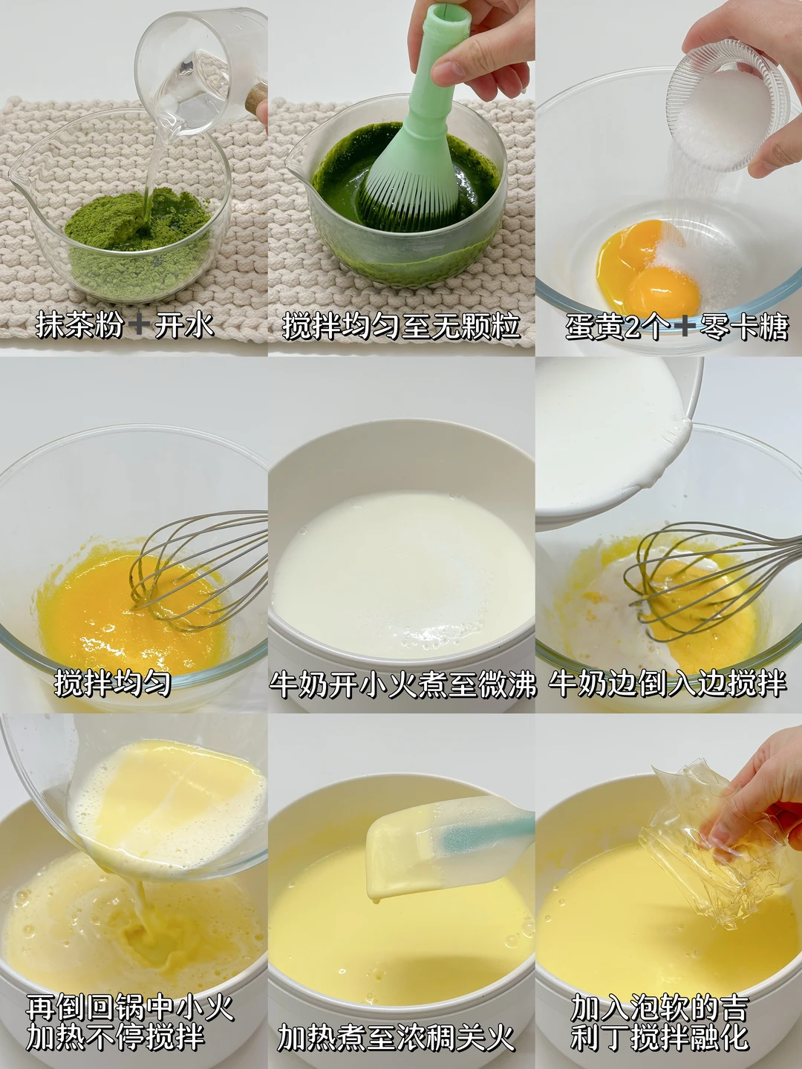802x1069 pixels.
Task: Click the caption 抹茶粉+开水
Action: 125,326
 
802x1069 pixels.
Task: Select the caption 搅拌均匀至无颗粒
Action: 401,326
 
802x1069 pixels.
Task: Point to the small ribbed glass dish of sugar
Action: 727,105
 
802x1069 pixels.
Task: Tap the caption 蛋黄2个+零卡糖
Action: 677,326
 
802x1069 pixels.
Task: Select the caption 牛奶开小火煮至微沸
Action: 402,684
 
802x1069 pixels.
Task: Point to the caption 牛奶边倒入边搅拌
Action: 668,682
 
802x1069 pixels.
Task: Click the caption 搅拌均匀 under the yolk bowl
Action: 112,682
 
